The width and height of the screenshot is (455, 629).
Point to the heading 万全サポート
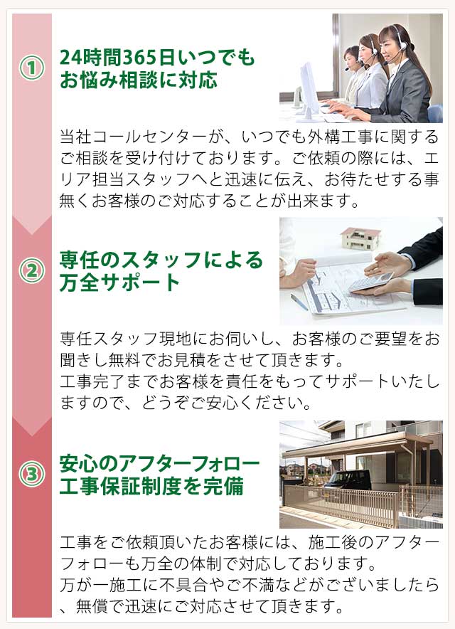point(120,282)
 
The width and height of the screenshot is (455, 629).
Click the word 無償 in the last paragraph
point(94,607)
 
